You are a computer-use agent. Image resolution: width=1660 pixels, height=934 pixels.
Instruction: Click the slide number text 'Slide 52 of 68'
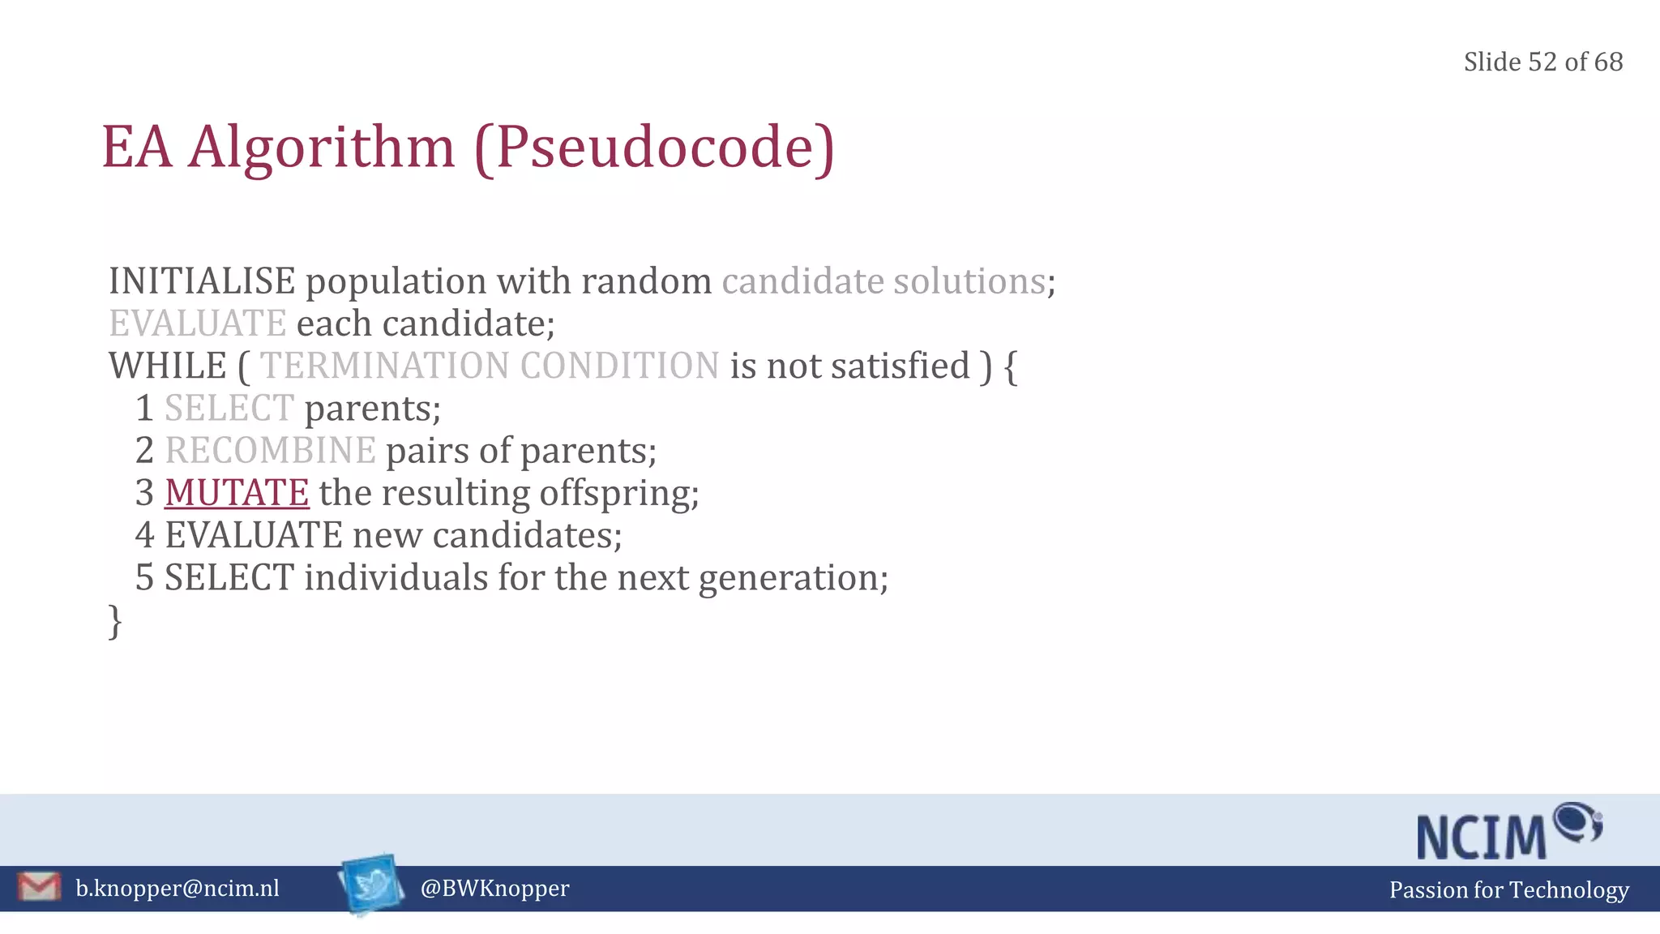(1542, 62)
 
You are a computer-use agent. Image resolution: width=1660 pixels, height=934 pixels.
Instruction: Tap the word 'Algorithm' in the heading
(322, 148)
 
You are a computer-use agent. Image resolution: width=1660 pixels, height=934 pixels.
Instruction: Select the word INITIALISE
(202, 281)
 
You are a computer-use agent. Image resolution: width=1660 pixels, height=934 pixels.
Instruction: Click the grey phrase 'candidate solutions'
(883, 281)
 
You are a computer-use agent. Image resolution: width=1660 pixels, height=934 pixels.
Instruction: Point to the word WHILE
(168, 366)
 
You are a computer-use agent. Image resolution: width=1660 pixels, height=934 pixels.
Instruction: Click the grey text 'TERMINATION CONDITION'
(489, 366)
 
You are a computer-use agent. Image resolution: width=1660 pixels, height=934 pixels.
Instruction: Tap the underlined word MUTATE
(237, 493)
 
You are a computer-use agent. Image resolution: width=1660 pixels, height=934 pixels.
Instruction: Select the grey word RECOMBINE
(270, 451)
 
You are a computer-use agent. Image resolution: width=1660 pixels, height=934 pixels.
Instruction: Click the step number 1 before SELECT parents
(144, 409)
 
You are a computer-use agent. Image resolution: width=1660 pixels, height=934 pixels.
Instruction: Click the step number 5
(144, 578)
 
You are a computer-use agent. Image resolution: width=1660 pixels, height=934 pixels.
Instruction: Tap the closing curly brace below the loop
(115, 622)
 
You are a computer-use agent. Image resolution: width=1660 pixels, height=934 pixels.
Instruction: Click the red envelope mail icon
(38, 886)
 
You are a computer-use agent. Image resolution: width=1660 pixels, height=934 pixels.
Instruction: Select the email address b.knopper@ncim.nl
(178, 889)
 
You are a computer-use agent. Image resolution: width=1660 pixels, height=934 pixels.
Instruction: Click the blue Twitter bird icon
(371, 885)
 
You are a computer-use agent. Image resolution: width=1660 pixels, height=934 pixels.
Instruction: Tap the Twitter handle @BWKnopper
(494, 889)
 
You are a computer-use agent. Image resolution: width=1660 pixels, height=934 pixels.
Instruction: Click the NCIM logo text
(1482, 837)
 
